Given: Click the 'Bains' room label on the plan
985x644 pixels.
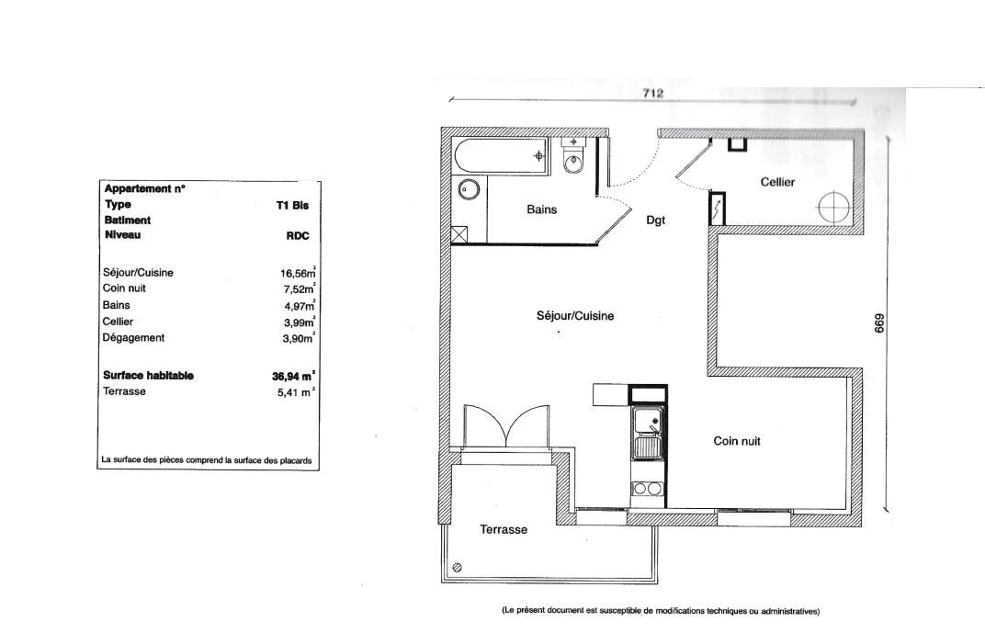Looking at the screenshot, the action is click(541, 209).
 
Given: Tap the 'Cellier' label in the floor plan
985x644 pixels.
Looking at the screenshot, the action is click(777, 182).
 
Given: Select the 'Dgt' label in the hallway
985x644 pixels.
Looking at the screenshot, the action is click(655, 220).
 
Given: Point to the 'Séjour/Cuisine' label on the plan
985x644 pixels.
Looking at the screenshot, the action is click(575, 316).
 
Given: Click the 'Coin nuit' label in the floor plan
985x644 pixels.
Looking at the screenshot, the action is click(736, 441).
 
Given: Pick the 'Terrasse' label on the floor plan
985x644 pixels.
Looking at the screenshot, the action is click(504, 530).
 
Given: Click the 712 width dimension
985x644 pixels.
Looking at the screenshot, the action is click(652, 93).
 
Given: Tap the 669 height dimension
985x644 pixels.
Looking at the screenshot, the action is click(879, 323).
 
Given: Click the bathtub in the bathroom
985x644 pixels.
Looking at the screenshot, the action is click(501, 156).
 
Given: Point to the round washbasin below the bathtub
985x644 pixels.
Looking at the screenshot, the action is click(469, 187).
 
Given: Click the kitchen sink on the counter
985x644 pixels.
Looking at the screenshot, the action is click(647, 433).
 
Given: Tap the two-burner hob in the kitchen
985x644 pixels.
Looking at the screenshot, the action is click(647, 488).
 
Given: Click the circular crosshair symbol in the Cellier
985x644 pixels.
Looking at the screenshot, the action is click(834, 206).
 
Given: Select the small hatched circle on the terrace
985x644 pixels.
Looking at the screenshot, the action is click(458, 568).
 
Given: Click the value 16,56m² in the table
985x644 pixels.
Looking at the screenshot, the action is click(298, 272).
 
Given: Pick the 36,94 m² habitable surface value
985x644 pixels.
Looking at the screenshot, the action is click(293, 377).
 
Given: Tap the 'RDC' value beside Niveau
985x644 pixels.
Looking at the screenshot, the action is click(297, 236).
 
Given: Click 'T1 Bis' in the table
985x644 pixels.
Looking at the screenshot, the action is click(292, 206).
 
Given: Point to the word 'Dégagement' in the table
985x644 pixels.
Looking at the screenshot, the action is click(133, 338).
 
